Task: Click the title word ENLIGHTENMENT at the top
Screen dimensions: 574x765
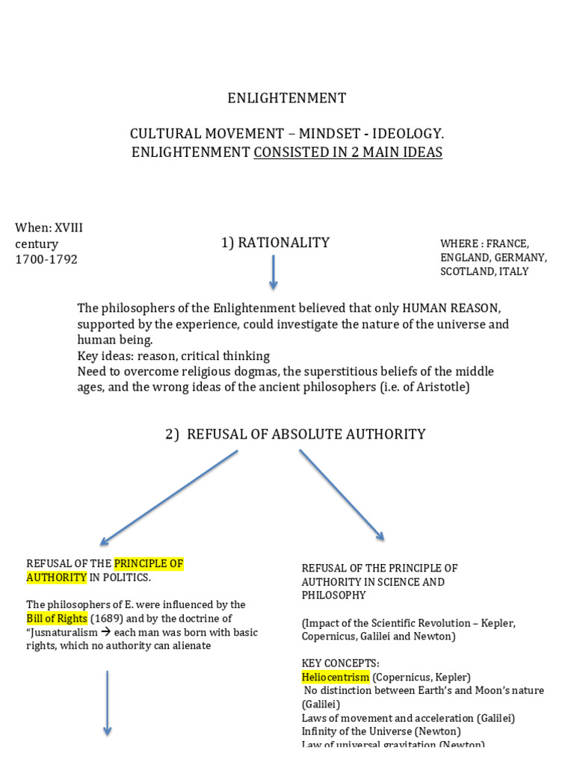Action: [286, 98]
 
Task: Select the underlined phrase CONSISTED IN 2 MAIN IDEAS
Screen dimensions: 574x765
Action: [348, 152]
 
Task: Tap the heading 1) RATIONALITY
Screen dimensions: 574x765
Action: [275, 242]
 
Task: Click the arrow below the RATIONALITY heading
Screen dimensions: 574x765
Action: [273, 272]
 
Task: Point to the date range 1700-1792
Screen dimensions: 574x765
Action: [46, 259]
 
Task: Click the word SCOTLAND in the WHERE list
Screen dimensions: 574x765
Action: [465, 271]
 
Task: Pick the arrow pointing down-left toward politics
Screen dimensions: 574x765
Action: [168, 497]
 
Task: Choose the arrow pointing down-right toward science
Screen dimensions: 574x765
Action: [342, 494]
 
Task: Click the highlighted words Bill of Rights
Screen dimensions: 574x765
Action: [57, 619]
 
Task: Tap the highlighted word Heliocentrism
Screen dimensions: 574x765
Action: [336, 677]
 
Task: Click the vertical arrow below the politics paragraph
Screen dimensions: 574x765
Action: [108, 702]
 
